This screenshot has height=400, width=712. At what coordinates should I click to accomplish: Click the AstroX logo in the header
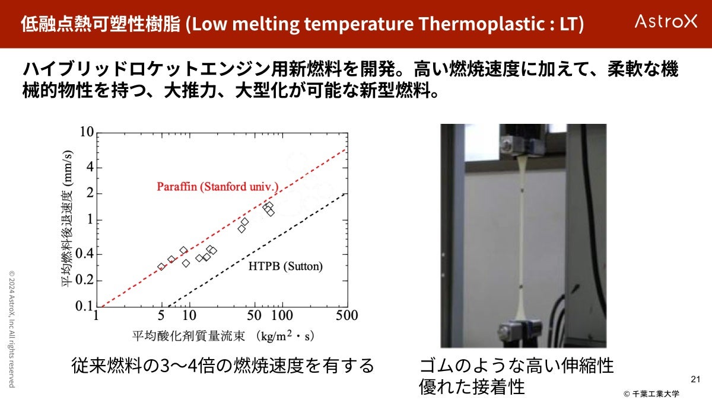(x=666, y=21)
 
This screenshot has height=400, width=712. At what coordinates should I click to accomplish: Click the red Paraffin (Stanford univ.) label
(x=218, y=186)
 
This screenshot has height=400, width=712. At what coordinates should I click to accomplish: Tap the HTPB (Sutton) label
(x=285, y=266)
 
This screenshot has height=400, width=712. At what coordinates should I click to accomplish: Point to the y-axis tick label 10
(x=87, y=132)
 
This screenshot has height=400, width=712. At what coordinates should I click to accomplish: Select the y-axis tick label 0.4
(x=84, y=254)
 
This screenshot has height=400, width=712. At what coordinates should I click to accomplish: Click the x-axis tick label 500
(x=347, y=315)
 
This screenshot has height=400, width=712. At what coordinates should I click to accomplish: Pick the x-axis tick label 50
(x=255, y=315)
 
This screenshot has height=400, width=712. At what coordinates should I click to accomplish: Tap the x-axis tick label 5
(x=161, y=315)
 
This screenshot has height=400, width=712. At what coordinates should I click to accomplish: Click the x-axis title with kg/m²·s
(x=223, y=336)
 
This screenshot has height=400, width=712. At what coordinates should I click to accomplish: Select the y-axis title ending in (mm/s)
(x=67, y=219)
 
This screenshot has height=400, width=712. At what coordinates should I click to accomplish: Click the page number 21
(x=695, y=379)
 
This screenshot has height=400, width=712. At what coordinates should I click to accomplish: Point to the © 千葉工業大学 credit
(x=651, y=393)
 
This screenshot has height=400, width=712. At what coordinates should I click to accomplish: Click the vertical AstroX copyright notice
(x=12, y=329)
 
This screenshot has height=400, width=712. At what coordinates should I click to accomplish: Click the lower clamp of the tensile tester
(x=520, y=332)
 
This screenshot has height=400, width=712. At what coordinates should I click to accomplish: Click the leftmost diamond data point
(x=161, y=267)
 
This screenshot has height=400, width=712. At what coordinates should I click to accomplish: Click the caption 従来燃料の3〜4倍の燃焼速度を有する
(x=223, y=366)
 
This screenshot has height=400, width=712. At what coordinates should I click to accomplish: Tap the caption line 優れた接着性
(x=472, y=386)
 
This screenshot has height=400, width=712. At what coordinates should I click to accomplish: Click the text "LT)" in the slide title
(x=571, y=24)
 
